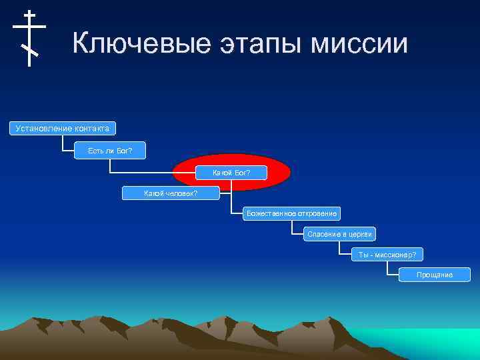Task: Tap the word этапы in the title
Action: click(258, 44)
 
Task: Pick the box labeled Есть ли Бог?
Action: click(110, 151)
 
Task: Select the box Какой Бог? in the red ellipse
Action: click(231, 173)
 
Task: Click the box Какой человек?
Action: click(171, 193)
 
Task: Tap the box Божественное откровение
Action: click(291, 213)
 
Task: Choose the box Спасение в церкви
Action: click(340, 234)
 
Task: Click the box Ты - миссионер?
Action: click(387, 255)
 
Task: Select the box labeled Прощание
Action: click(435, 275)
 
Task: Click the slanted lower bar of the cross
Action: click(29, 49)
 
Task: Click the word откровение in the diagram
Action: click(315, 213)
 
